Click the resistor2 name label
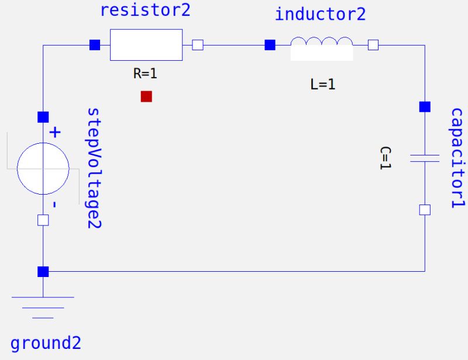click(145, 10)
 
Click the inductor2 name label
click(320, 14)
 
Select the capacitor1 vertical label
click(457, 158)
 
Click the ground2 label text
click(46, 343)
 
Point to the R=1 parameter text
click(146, 74)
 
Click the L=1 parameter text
click(322, 84)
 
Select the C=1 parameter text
click(386, 158)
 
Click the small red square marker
click(146, 96)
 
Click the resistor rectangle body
click(146, 45)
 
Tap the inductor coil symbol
click(322, 42)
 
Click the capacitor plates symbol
click(425, 157)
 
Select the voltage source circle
click(43, 168)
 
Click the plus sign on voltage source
click(54, 133)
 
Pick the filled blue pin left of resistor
click(94, 44)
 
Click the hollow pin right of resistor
click(198, 44)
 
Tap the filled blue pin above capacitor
click(425, 107)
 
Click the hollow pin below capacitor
click(425, 210)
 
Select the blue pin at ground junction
click(43, 272)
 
